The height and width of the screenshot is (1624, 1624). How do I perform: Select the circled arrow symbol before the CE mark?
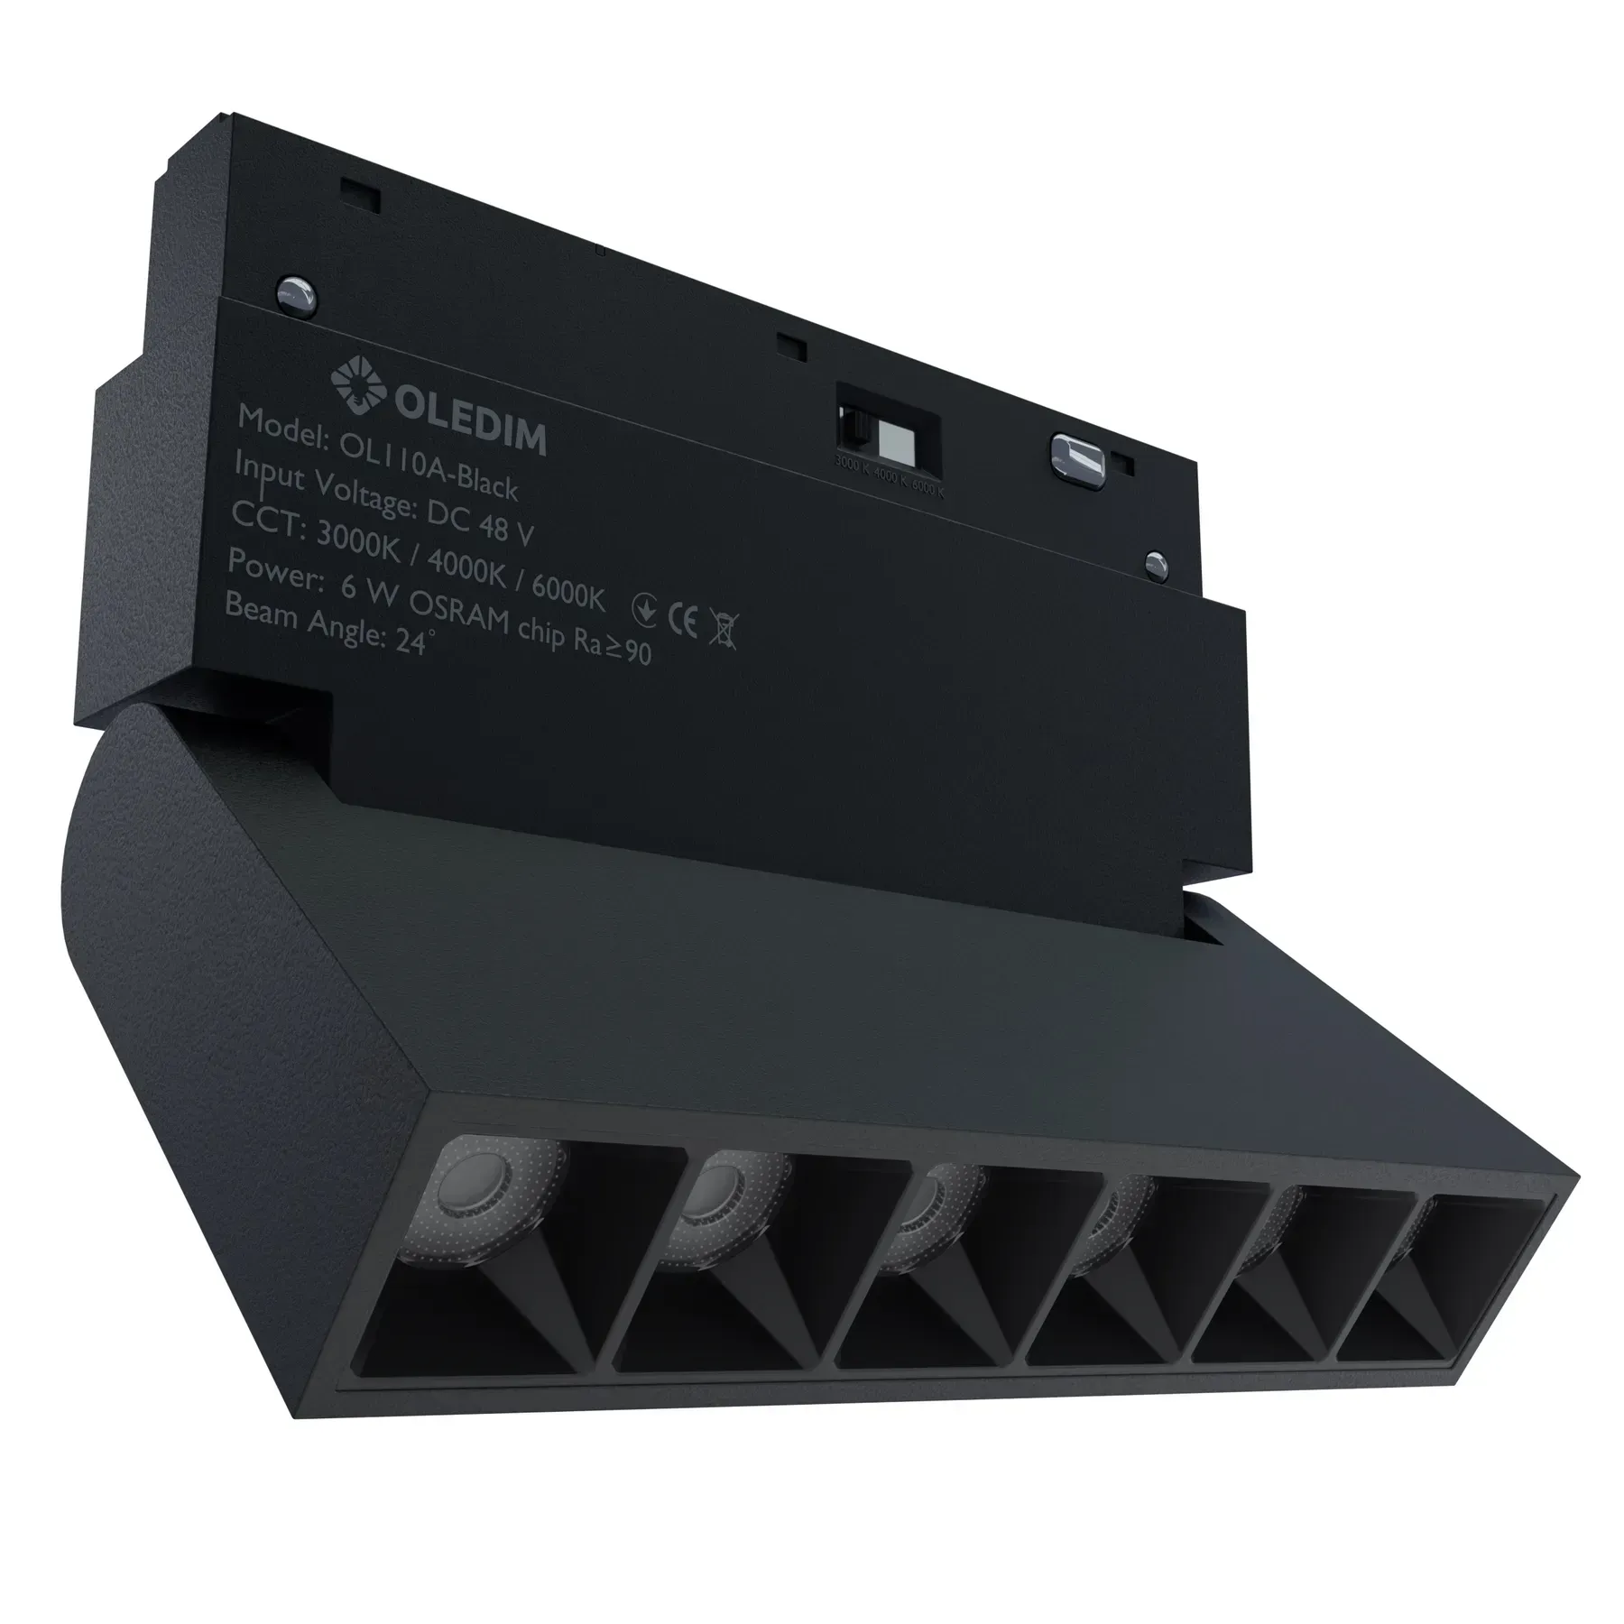point(643,610)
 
